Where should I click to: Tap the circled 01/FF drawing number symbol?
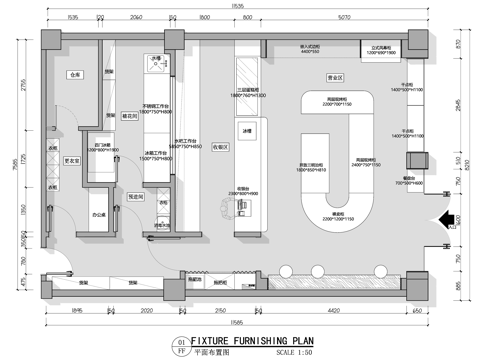pyautogui.click(x=180, y=346)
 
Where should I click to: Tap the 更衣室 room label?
pyautogui.click(x=73, y=160)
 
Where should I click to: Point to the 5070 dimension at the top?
pyautogui.click(x=343, y=18)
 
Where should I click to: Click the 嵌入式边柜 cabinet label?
pyautogui.click(x=309, y=46)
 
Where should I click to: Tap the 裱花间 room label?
pyautogui.click(x=128, y=116)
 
